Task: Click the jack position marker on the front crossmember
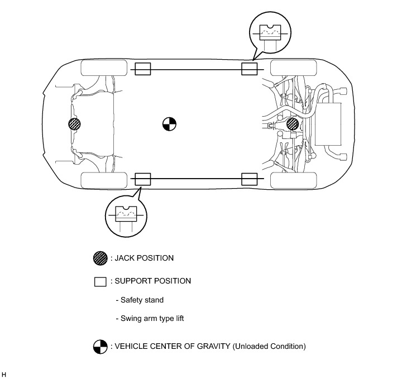tap(74, 124)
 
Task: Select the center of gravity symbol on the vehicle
tap(169, 124)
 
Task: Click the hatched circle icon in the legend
tap(100, 258)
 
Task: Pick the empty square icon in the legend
tap(100, 281)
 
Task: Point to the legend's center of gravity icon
tap(100, 347)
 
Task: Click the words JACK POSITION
tap(144, 258)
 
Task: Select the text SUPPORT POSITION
tap(152, 281)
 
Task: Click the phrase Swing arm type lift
tap(152, 319)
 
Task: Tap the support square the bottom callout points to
tap(143, 179)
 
